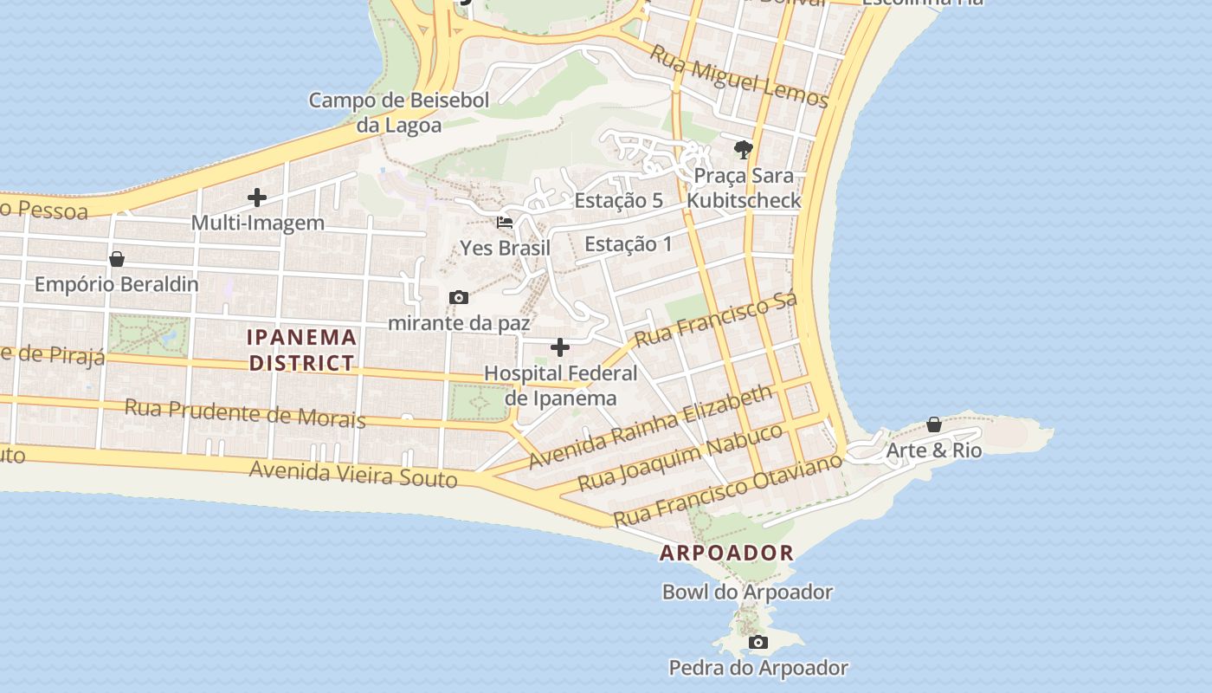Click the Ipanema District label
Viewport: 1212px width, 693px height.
click(x=302, y=350)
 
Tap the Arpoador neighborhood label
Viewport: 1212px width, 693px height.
click(x=726, y=553)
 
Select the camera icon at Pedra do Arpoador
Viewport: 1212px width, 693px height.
click(x=758, y=642)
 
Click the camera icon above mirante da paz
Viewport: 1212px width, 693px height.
click(x=459, y=298)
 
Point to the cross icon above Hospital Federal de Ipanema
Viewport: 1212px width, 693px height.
click(x=560, y=347)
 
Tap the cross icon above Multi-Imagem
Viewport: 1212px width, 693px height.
click(x=257, y=198)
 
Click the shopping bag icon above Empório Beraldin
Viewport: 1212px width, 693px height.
click(x=117, y=259)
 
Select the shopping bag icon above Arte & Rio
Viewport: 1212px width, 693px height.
click(x=934, y=424)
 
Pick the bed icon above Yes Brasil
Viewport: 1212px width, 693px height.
click(x=505, y=223)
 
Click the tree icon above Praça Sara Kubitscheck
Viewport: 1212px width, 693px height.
click(x=743, y=150)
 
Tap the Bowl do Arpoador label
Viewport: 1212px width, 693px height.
click(x=747, y=593)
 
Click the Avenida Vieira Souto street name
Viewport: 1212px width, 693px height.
click(x=353, y=474)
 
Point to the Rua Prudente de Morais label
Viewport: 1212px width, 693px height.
click(x=245, y=413)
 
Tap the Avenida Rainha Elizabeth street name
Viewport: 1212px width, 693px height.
click(x=650, y=427)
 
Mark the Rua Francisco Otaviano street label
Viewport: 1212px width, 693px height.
click(x=727, y=490)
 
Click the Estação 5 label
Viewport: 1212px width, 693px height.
click(x=618, y=200)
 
